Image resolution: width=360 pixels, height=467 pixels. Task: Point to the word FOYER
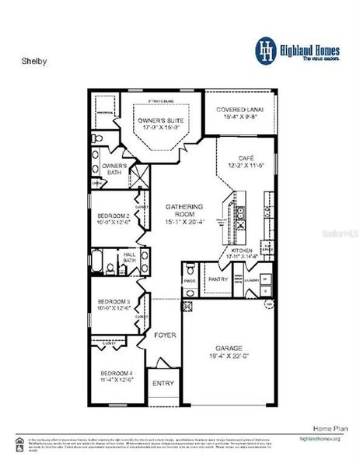pyautogui.click(x=165, y=335)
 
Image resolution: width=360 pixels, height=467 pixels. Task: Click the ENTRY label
pyautogui.click(x=163, y=383)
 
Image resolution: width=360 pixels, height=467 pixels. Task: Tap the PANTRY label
pyautogui.click(x=216, y=278)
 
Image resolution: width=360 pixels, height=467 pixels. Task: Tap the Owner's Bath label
pyautogui.click(x=114, y=169)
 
